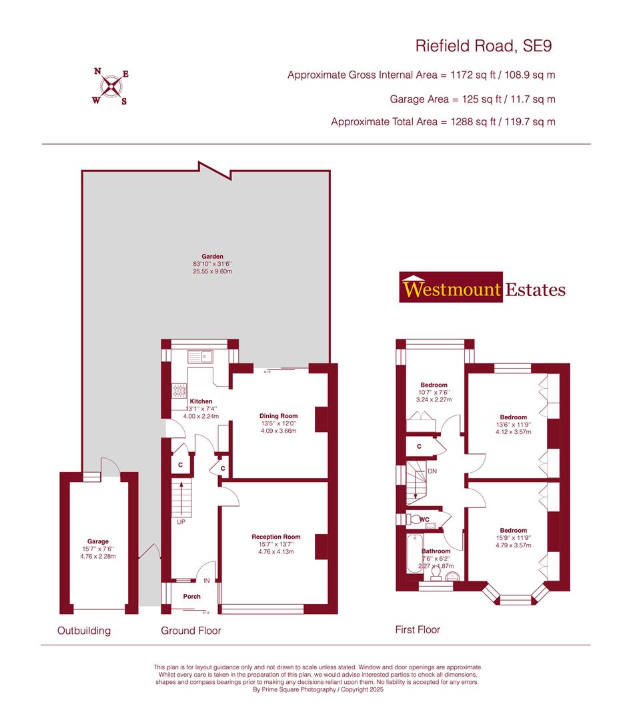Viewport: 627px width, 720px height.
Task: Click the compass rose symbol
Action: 110,86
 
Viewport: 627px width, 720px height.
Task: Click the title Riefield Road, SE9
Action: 484,46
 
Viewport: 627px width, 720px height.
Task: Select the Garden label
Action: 213,256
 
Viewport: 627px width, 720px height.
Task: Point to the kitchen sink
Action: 199,355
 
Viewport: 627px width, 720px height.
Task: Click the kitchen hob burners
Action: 179,390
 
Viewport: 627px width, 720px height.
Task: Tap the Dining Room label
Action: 278,416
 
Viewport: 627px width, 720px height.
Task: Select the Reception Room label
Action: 275,537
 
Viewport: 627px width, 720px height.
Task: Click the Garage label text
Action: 97,541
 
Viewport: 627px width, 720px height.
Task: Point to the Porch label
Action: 191,597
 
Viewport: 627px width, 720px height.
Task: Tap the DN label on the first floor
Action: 432,471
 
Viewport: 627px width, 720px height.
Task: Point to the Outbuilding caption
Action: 84,631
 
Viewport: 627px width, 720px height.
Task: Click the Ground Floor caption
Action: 191,631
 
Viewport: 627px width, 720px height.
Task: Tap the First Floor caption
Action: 418,629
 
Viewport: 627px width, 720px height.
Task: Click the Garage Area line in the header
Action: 472,99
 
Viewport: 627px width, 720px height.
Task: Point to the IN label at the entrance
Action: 207,581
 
